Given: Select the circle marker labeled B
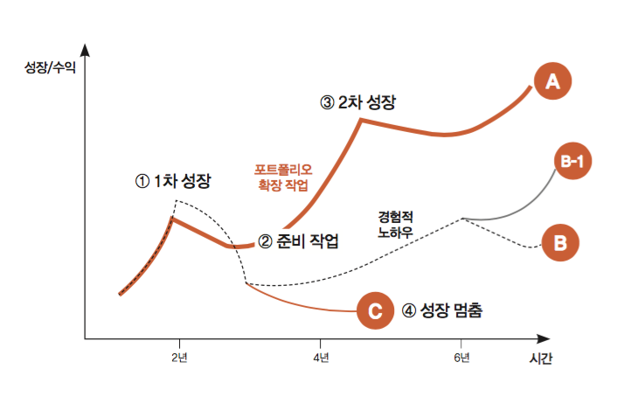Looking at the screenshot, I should click(x=560, y=242).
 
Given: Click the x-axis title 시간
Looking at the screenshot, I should click(x=540, y=359).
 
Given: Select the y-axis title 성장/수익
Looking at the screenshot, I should click(x=50, y=66).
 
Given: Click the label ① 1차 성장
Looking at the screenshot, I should click(x=173, y=182).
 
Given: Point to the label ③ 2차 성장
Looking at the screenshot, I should click(x=358, y=102).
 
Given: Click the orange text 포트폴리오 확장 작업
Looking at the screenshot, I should click(x=283, y=176).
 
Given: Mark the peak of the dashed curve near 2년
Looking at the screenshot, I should click(x=177, y=201).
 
